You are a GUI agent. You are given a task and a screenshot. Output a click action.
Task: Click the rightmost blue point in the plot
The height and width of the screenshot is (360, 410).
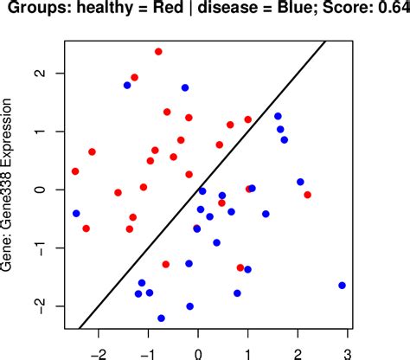click(x=342, y=286)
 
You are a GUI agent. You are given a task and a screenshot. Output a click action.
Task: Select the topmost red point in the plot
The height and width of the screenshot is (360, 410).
click(x=158, y=52)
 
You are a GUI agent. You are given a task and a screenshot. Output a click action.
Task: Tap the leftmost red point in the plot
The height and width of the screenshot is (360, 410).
click(x=75, y=171)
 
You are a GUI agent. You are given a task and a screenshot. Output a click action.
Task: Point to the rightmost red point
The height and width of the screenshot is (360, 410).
click(x=307, y=195)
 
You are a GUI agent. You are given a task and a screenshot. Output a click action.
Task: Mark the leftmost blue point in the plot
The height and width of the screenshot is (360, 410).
click(x=76, y=214)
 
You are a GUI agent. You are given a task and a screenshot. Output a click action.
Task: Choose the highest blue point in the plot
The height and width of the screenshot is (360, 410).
click(x=127, y=86)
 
